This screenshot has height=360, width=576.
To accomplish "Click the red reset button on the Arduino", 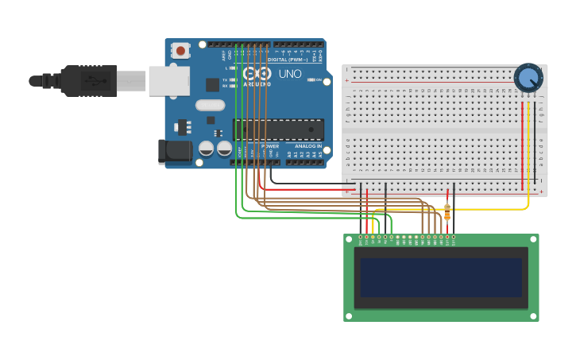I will tap(180, 51).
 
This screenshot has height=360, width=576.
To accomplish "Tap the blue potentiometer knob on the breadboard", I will tap(528, 78).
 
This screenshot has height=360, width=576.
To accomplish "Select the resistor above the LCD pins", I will tap(447, 211).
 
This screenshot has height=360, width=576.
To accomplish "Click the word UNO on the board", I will tap(290, 74).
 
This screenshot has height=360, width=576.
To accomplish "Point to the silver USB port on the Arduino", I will tap(169, 80).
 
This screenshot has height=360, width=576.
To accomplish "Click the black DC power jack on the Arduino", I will tap(174, 151).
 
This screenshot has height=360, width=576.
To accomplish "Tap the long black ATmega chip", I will tap(278, 130).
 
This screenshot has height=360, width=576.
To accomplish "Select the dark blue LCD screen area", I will tap(441, 277).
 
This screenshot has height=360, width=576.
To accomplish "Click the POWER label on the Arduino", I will tap(270, 146).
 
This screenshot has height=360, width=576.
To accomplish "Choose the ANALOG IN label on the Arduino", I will tap(308, 146).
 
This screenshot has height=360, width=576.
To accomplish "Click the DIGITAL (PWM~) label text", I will tap(288, 60).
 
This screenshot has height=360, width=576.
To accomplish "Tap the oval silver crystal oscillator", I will tap(211, 105).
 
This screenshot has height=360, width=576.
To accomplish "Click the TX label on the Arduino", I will tap(225, 80).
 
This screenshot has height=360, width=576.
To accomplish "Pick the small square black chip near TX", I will tap(212, 84).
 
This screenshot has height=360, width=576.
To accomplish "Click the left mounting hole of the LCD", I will tap(349, 239).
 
